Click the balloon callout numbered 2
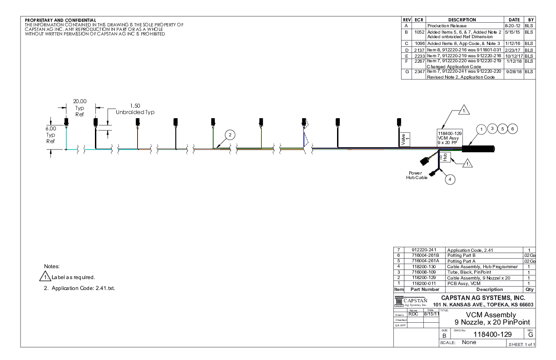(230, 135)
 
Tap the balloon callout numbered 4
(450, 179)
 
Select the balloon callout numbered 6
(512, 129)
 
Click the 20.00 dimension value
(80, 101)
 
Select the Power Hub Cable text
(414, 175)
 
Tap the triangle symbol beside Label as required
(44, 277)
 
